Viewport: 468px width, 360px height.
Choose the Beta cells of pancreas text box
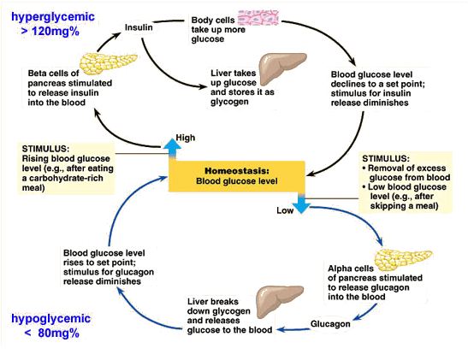tap(56, 90)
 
